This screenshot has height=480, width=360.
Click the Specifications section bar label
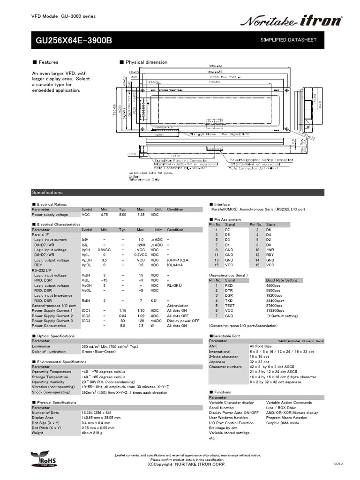tap(47, 192)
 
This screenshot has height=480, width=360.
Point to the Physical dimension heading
tap(146, 62)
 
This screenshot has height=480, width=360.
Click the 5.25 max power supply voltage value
tap(141, 215)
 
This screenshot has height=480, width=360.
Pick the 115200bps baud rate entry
tap(276, 310)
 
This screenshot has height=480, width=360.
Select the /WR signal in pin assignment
tap(270, 250)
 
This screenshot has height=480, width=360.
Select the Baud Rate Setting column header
tap(281, 280)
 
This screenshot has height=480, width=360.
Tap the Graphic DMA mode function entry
tap(283, 423)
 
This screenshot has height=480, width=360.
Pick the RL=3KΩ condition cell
tap(176, 285)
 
